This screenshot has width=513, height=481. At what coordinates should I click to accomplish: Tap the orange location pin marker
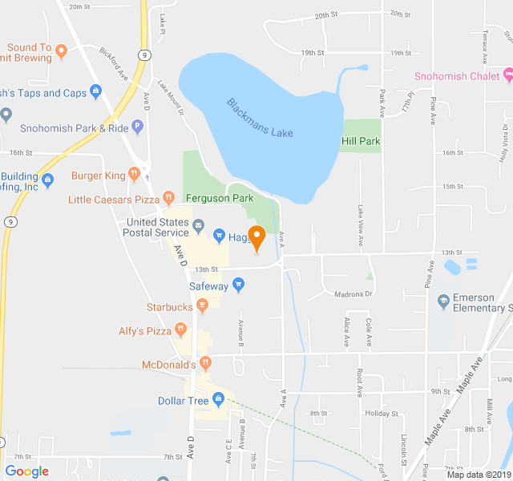click(x=256, y=238)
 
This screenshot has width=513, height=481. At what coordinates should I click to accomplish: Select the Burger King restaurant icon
click(x=135, y=174)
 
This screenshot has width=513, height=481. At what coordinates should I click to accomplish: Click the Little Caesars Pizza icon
click(x=168, y=197)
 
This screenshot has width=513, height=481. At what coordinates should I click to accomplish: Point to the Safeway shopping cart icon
click(x=238, y=285)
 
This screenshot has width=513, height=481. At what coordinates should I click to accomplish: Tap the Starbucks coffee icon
click(x=202, y=305)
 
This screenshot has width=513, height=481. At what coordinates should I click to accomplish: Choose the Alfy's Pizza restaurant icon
click(x=181, y=329)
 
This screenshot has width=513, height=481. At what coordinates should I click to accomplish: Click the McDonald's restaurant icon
click(x=206, y=363)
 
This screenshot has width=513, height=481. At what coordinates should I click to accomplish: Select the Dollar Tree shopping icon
click(x=217, y=399)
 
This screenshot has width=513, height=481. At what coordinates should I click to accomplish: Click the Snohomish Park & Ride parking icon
click(x=138, y=127)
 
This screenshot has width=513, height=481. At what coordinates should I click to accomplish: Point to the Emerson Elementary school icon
click(x=442, y=301)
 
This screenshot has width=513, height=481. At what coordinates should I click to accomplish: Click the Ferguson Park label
click(x=219, y=197)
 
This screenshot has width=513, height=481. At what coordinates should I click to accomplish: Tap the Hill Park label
click(x=361, y=141)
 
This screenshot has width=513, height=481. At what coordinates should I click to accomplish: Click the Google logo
click(x=26, y=471)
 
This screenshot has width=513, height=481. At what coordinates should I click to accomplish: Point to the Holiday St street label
click(x=382, y=414)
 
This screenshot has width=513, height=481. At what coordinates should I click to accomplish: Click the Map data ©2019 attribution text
click(x=478, y=474)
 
